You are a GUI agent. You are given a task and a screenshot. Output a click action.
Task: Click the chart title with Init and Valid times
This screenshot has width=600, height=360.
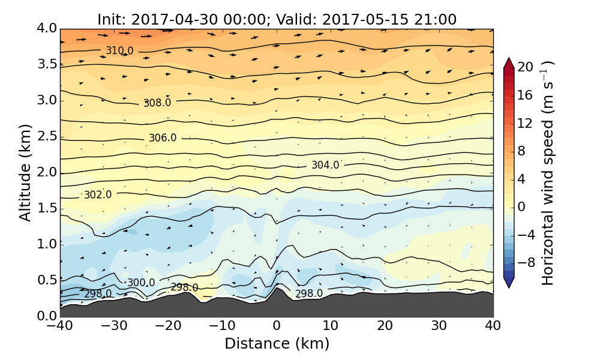click(277, 19)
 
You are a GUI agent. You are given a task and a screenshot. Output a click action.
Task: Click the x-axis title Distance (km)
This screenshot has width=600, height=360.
click(277, 344)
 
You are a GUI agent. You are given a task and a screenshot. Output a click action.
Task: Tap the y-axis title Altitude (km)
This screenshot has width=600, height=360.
click(25, 172)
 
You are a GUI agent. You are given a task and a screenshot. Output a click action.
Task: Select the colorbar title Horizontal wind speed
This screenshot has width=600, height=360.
click(548, 173)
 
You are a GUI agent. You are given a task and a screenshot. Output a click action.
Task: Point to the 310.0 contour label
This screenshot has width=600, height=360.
click(119, 50)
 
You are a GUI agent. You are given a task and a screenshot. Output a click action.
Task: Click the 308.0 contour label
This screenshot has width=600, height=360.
click(157, 103)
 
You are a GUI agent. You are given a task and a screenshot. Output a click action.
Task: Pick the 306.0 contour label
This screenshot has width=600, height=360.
click(163, 138)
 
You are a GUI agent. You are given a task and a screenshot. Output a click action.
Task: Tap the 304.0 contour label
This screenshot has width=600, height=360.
click(325, 165)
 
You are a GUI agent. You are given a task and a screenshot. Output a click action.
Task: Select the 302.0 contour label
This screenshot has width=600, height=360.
click(98, 195)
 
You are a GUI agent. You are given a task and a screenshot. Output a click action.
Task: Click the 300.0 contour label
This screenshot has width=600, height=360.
click(140, 283)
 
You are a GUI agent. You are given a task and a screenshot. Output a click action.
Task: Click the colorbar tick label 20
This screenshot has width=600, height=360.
click(526, 67)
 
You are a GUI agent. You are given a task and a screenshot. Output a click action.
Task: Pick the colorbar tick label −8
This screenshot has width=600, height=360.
click(526, 262)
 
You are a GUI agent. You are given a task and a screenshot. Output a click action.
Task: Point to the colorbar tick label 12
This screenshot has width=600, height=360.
click(526, 123)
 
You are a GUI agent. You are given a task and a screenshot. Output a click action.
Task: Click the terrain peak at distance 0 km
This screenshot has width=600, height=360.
click(277, 290)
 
